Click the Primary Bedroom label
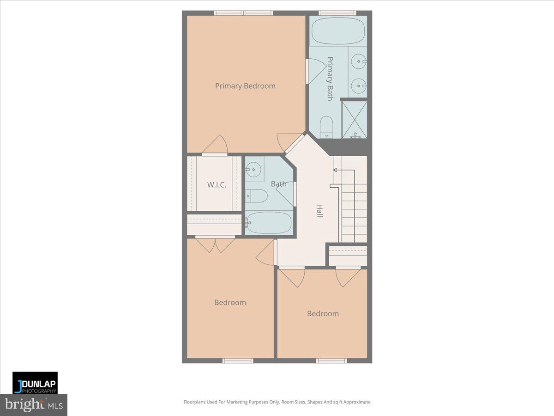point(245,86)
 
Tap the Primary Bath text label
point(330,79)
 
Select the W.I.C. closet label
point(217,185)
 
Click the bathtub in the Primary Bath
point(338,31)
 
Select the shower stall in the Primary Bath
point(355,119)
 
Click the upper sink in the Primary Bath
point(358,60)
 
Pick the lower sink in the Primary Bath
point(358,86)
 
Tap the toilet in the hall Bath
point(257,196)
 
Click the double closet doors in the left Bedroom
point(215,244)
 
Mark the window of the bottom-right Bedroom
point(331,360)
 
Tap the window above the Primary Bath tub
point(337,13)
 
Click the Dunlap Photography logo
point(35,383)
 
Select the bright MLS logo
point(34,404)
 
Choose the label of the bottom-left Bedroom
point(230,302)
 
